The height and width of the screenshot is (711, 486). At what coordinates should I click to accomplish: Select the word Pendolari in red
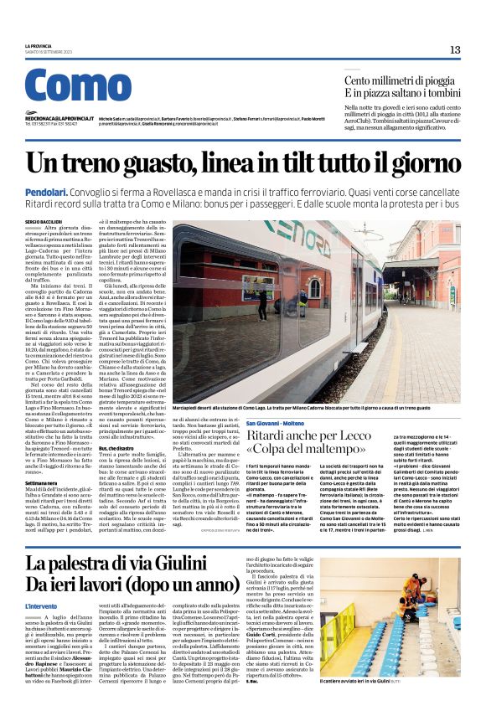click(46, 193)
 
